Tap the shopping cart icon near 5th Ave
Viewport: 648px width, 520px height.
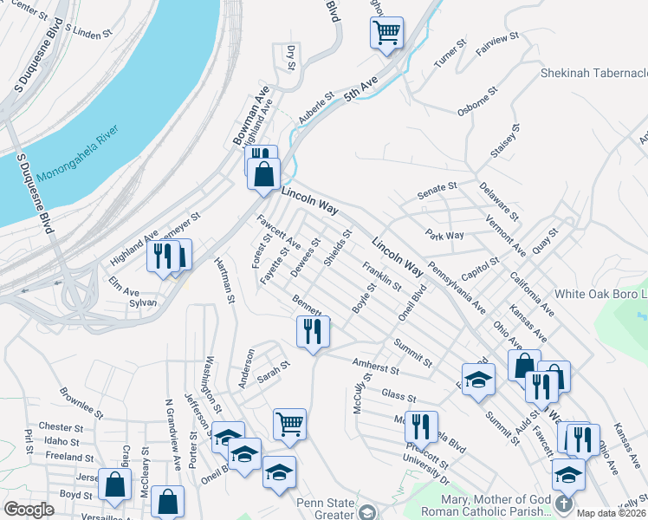(x=386, y=34)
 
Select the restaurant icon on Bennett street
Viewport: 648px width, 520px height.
(x=313, y=331)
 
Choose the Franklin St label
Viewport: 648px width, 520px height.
(x=381, y=276)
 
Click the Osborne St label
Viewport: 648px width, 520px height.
(x=477, y=101)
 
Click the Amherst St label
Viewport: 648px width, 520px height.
(x=375, y=367)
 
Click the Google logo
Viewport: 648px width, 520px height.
(x=29, y=510)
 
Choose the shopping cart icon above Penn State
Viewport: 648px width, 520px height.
(x=289, y=425)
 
